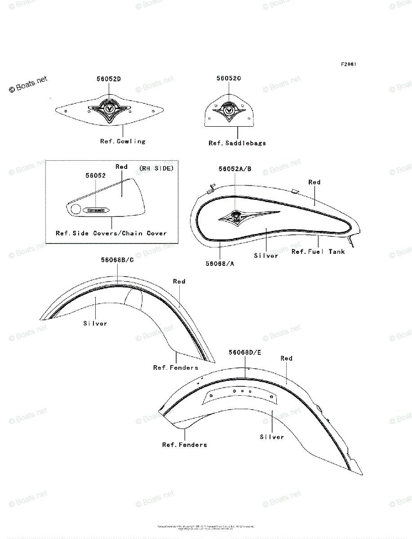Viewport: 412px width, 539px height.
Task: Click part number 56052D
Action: click(x=109, y=79)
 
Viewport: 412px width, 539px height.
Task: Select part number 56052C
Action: click(x=229, y=78)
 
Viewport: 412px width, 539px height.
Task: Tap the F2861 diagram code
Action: click(x=348, y=64)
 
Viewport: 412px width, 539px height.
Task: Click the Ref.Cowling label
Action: click(x=123, y=141)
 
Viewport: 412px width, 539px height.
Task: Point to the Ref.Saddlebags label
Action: click(x=237, y=143)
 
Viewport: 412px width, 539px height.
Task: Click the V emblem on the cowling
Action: click(x=109, y=108)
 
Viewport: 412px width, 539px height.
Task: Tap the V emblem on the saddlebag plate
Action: click(x=229, y=109)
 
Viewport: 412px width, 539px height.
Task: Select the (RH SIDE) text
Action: click(x=155, y=168)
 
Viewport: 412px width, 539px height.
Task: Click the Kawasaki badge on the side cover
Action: click(x=95, y=209)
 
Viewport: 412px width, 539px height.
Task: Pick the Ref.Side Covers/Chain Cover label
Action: click(x=111, y=233)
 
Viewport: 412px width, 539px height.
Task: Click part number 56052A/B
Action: click(x=235, y=169)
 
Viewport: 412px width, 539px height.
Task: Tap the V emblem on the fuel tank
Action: click(x=235, y=217)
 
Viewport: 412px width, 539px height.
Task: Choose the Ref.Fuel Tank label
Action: click(x=318, y=252)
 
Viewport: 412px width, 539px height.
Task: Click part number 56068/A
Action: click(x=220, y=264)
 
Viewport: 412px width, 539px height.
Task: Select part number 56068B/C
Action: click(x=117, y=260)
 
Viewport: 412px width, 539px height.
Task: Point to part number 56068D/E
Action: click(x=245, y=353)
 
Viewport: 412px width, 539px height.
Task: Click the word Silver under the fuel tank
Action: click(x=266, y=256)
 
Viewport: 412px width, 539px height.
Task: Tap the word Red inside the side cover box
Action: click(x=121, y=167)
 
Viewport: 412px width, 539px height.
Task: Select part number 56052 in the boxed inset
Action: click(x=95, y=176)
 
